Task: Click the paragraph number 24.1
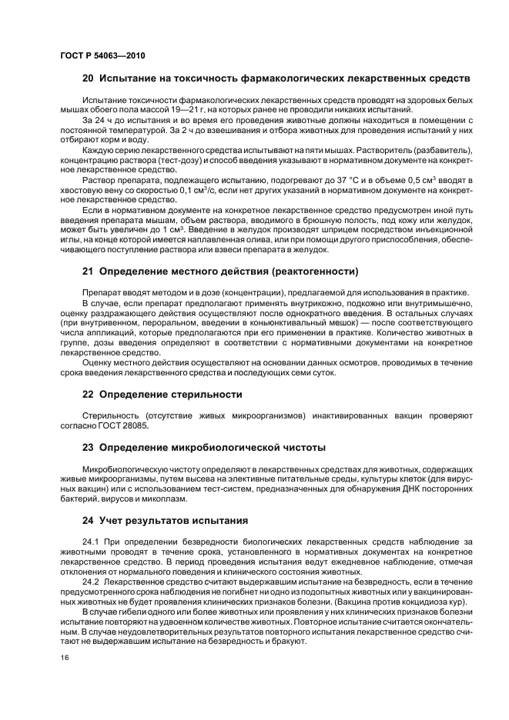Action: pyautogui.click(x=92, y=542)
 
